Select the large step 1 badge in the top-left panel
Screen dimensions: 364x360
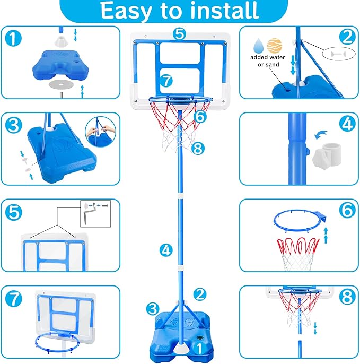15,39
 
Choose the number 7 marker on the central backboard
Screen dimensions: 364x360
166,81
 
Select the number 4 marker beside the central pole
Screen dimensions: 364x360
166,249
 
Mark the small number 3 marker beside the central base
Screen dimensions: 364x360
152,307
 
